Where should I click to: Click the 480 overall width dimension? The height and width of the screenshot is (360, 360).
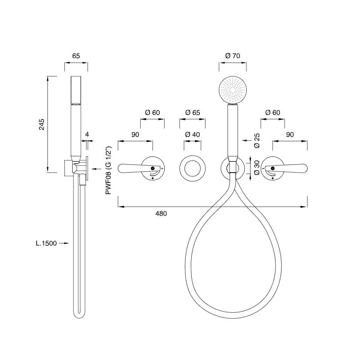pyautogui.click(x=161, y=214)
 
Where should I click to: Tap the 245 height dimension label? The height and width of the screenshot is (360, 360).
pyautogui.click(x=42, y=124)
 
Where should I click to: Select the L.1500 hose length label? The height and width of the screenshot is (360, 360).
pyautogui.click(x=46, y=243)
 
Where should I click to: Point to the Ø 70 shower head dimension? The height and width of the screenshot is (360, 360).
pyautogui.click(x=233, y=56)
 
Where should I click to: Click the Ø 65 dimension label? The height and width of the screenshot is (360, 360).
pyautogui.click(x=192, y=112)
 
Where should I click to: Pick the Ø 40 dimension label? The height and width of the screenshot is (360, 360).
pyautogui.click(x=192, y=134)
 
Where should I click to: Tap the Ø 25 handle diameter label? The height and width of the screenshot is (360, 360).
pyautogui.click(x=257, y=140)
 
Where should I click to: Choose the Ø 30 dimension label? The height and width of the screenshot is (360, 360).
pyautogui.click(x=257, y=168)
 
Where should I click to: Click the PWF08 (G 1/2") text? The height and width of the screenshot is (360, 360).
pyautogui.click(x=108, y=170)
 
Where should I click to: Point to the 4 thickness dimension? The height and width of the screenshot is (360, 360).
pyautogui.click(x=87, y=134)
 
